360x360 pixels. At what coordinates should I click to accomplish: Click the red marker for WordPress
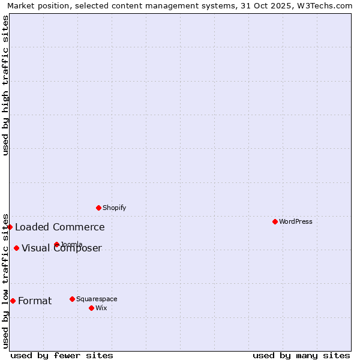(275, 221)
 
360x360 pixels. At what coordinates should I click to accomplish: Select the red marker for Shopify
(98, 208)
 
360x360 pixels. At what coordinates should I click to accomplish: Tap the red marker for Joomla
(56, 244)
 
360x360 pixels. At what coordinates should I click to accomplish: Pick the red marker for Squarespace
(72, 299)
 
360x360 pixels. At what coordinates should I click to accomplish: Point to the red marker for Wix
(91, 308)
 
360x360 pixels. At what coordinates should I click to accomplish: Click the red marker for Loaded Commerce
(10, 227)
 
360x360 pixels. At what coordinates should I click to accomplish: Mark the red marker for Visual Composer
(16, 248)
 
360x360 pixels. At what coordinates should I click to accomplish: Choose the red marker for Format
(13, 301)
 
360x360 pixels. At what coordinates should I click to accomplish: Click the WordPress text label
(296, 222)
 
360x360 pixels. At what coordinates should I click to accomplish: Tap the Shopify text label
(115, 208)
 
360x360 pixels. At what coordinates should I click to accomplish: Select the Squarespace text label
(97, 299)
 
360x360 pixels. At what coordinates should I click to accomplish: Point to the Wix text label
(101, 308)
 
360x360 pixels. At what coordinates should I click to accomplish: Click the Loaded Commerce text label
(60, 227)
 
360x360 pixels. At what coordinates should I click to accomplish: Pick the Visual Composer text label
(62, 248)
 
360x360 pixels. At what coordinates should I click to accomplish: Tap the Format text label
(35, 301)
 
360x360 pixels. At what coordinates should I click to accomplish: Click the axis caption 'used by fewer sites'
(62, 355)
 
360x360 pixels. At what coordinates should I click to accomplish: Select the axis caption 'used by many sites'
(301, 355)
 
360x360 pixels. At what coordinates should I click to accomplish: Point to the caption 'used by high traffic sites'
(5, 85)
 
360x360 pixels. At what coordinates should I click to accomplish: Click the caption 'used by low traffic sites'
(5, 281)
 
